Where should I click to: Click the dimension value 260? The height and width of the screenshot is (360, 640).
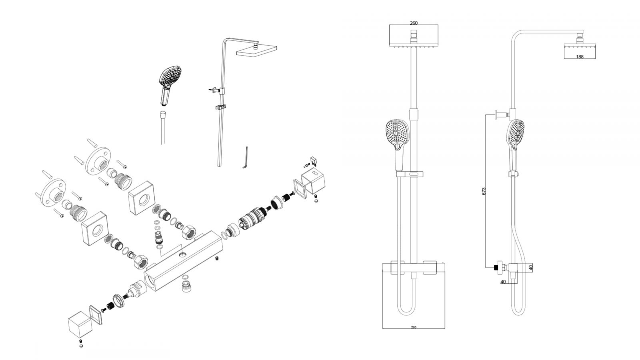(414, 23)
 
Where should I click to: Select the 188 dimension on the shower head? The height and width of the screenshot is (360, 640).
(580, 57)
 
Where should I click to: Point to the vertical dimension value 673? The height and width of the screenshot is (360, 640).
(484, 191)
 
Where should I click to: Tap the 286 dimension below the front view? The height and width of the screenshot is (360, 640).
(414, 327)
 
